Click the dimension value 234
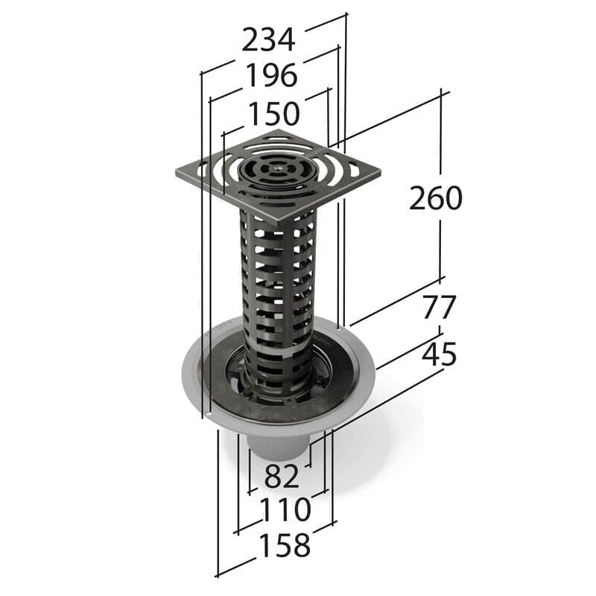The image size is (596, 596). point(269,39)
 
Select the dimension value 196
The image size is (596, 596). point(271,75)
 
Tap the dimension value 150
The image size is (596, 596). point(273,114)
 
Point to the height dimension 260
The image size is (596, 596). point(436,198)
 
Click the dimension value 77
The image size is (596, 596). point(439,307)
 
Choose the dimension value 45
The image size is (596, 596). point(439,355)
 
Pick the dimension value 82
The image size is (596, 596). point(282,475)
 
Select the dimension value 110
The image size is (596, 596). point(285,510)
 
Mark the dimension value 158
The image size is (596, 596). point(284,546)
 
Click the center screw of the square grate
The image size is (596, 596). point(278,170)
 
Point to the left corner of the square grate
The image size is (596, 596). point(178,174)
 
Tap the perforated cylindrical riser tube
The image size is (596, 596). point(276,298)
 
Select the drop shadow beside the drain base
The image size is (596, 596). point(372,447)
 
